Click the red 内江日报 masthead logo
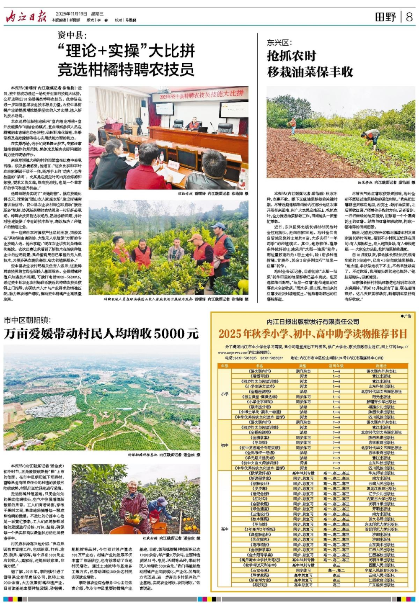click(x=26, y=17)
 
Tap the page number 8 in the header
click(x=409, y=17)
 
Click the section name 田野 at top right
click(x=385, y=17)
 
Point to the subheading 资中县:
click(x=72, y=35)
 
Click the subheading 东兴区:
click(x=279, y=42)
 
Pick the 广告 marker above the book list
click(x=406, y=316)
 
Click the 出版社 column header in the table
click(x=381, y=366)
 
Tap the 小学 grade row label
click(x=225, y=394)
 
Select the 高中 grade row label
click(x=225, y=529)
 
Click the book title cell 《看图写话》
click(x=260, y=376)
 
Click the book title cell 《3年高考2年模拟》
click(x=260, y=529)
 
